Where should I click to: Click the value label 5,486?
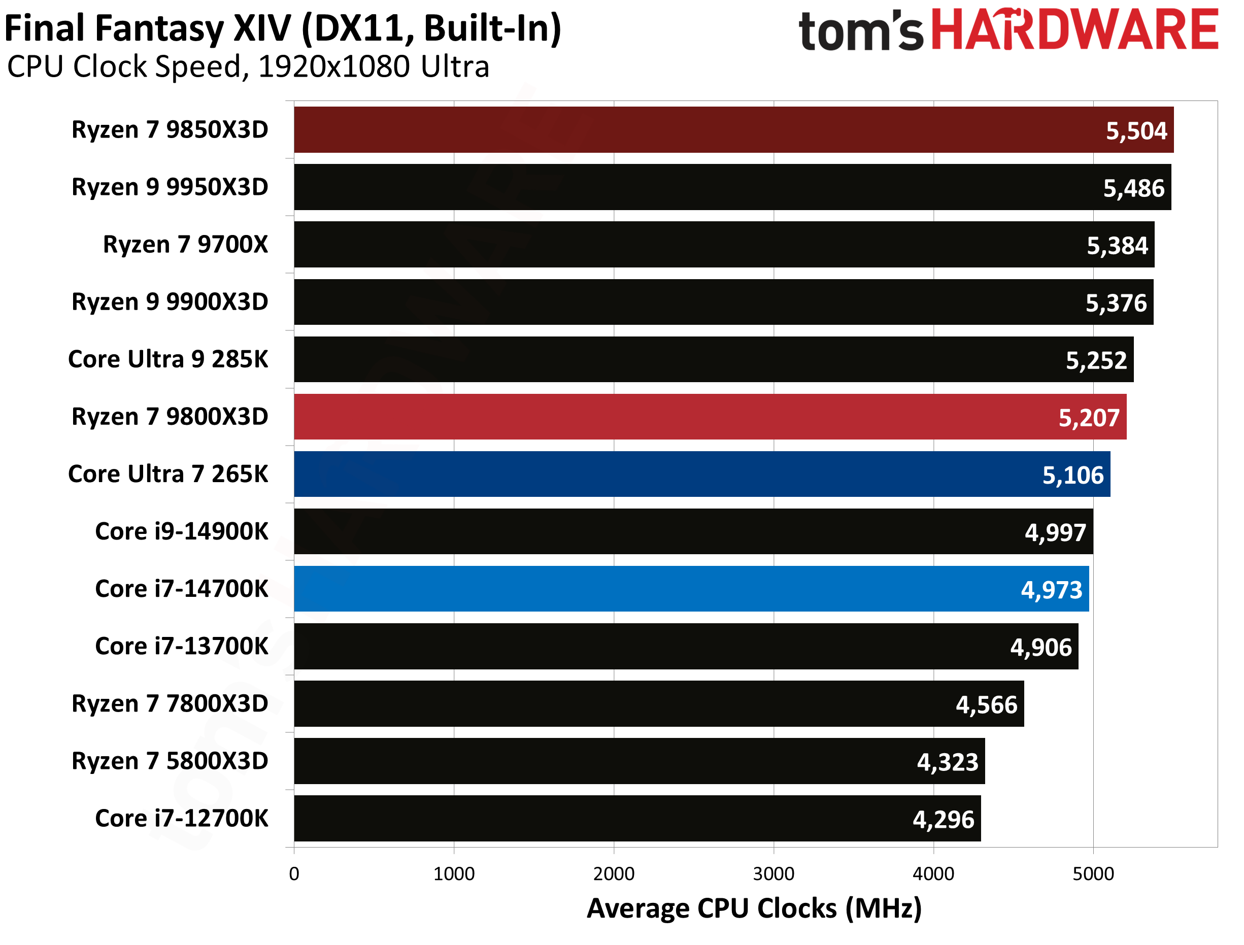(1133, 188)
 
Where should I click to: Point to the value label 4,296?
(943, 820)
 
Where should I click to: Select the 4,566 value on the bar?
(987, 705)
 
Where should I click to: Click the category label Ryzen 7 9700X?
(186, 245)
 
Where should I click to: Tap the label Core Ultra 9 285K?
(168, 359)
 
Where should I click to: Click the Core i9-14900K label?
(182, 531)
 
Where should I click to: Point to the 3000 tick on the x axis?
(774, 873)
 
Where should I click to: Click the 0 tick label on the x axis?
(294, 873)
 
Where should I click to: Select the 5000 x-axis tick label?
(1093, 873)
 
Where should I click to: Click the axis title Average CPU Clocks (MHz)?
(754, 908)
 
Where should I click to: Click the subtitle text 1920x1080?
(334, 67)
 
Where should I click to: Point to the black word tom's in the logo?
(860, 31)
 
